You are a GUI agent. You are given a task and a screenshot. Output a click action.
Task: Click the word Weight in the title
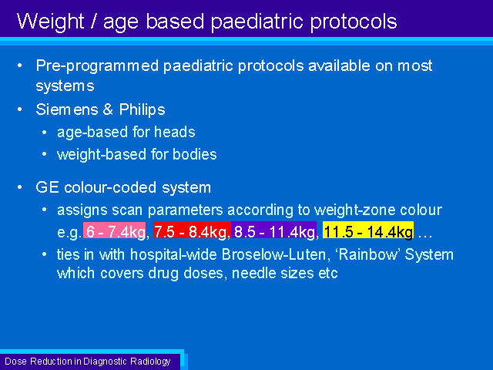click(50, 22)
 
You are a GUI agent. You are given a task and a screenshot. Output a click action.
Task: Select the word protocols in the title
click(354, 22)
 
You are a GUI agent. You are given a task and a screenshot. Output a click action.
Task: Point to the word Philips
click(142, 110)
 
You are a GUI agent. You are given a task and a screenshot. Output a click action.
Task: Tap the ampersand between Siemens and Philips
click(108, 109)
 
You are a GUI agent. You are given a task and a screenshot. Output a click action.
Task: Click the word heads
click(175, 132)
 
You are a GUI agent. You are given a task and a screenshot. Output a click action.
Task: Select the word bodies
click(195, 154)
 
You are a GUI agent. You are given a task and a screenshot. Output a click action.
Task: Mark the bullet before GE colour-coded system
click(20, 187)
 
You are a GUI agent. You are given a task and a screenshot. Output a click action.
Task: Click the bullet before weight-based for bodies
click(45, 154)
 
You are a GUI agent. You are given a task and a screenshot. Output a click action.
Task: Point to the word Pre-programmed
click(97, 66)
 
